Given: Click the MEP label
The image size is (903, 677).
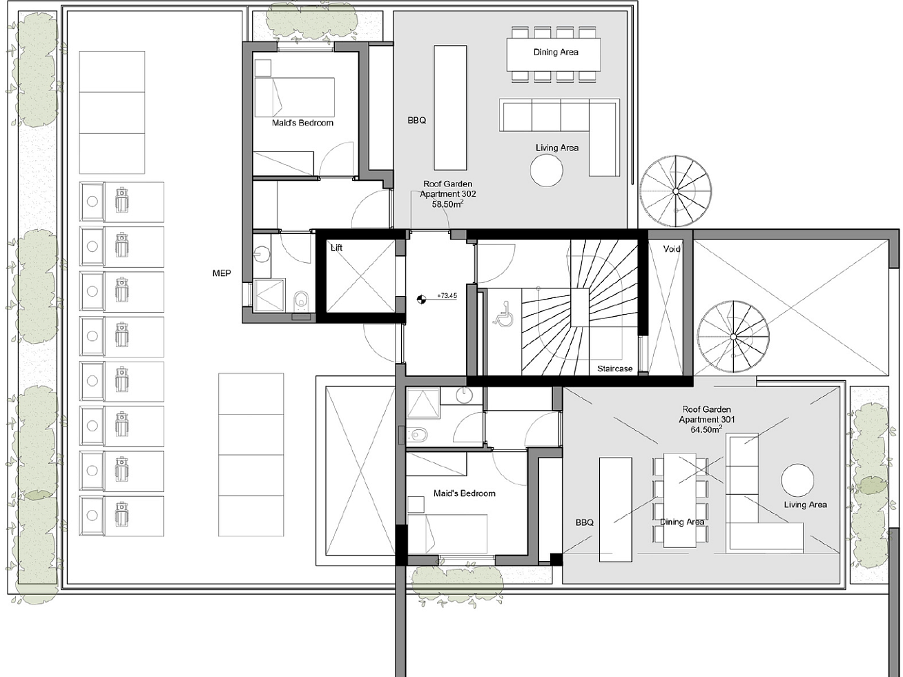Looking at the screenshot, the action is pos(222,273).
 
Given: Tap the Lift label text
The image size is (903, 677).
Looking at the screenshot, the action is pos(336,248).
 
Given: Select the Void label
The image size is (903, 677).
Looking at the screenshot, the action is pos(672,248).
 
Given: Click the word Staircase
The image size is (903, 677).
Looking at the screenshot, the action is pos(614,369).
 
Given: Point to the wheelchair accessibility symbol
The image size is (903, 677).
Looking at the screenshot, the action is pos(501,315).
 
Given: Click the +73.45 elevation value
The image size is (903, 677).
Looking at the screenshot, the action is pos(447,295).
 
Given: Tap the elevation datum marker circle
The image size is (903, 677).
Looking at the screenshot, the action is pos(421,299).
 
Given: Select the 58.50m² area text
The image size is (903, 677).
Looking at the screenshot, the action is pos(447,204).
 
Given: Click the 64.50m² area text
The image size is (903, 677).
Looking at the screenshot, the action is pos(706,429).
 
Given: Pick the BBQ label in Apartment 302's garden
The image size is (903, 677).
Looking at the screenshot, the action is pos(417,121).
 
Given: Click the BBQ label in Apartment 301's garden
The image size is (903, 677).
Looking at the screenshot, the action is pos(585,522).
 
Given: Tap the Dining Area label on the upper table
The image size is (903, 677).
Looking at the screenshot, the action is pos(556,52).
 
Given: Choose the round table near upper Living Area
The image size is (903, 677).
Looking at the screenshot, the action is pos(546,170).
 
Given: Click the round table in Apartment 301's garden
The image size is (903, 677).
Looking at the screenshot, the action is pos(797,480).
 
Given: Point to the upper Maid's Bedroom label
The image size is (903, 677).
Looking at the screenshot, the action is pos(302,123).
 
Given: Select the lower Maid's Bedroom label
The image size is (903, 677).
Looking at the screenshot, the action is pos(465,493).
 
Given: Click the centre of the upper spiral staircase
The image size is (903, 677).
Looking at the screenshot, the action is pos(675,191).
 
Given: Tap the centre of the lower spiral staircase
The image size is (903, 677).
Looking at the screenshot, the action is pos(733,337).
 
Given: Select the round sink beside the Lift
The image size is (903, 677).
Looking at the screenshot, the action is pos(261,254).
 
